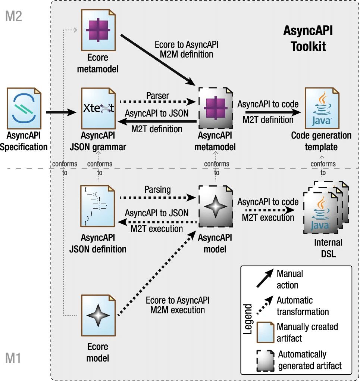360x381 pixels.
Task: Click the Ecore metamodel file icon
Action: (98, 30)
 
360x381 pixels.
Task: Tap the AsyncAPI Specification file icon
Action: (24, 108)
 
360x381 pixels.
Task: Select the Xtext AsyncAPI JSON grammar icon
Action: (98, 108)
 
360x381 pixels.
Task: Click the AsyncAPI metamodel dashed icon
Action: (216, 108)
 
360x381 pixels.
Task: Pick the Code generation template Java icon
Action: (322, 108)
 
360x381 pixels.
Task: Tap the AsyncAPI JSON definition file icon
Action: (98, 206)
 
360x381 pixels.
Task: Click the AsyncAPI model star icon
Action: (216, 207)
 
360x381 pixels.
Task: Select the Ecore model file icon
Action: (98, 315)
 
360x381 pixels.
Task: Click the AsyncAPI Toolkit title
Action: (308, 38)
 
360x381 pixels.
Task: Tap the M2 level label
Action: (13, 16)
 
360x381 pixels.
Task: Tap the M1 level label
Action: (13, 358)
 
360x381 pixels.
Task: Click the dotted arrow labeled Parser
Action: (157, 102)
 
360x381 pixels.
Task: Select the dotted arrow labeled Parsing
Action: (157, 198)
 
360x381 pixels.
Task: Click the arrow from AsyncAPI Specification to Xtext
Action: (61, 112)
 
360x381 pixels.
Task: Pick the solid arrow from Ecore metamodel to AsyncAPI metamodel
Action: (158, 60)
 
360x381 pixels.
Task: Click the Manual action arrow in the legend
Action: (265, 279)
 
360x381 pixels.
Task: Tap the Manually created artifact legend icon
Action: (265, 332)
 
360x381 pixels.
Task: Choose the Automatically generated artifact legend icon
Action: (265, 360)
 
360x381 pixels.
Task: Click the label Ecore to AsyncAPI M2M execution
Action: (178, 305)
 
